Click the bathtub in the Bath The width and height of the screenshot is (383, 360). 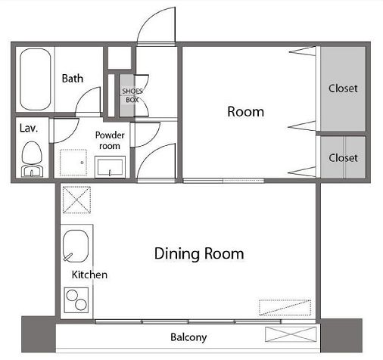[36, 79]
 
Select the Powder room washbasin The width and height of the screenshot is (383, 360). [110, 166]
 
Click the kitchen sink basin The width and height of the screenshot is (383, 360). [76, 246]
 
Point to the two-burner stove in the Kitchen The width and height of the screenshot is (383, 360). [76, 300]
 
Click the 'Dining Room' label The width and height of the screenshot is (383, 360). [199, 253]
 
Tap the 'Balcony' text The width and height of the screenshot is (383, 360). [188, 337]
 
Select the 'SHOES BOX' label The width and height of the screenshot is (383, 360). [132, 95]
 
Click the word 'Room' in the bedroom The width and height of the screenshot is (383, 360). [246, 112]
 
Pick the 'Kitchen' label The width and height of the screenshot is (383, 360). [89, 275]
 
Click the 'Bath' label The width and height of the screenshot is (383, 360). [73, 79]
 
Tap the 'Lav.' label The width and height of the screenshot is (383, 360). [29, 129]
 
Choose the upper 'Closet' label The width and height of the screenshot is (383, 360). [343, 88]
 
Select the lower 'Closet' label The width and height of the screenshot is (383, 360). [343, 158]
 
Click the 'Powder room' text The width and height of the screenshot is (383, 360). [110, 141]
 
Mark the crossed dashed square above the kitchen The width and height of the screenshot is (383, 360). [76, 200]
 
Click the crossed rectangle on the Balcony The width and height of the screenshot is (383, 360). [291, 334]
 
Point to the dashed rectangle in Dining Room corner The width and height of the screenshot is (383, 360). [285, 308]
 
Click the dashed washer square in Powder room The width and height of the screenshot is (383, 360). [73, 163]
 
